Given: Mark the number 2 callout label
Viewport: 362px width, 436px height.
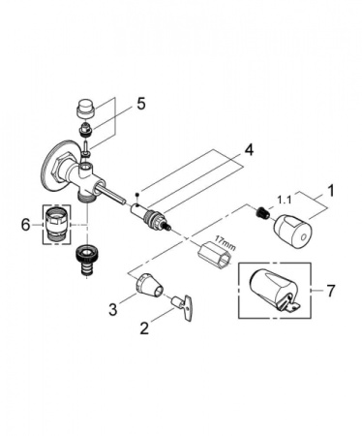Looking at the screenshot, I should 146,329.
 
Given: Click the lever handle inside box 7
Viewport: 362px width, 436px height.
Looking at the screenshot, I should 273,291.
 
